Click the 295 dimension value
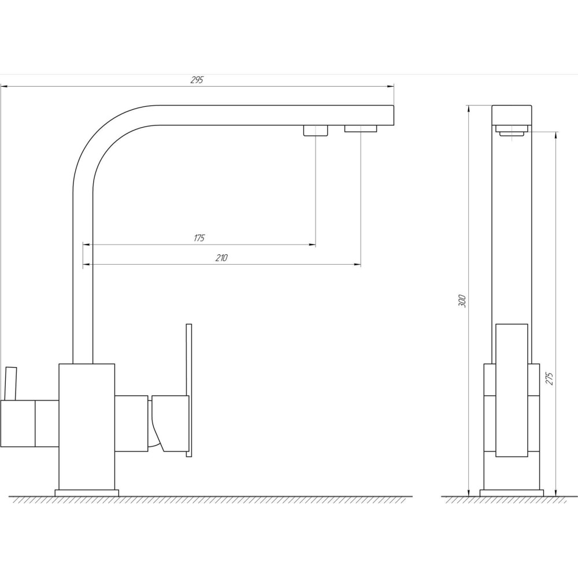[x=197, y=80]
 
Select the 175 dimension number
[x=199, y=238]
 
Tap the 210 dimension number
[x=221, y=258]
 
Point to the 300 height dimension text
[x=463, y=302]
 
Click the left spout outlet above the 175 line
[x=316, y=131]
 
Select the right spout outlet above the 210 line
[x=361, y=128]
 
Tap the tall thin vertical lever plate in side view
[x=189, y=390]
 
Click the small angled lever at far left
[x=10, y=383]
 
